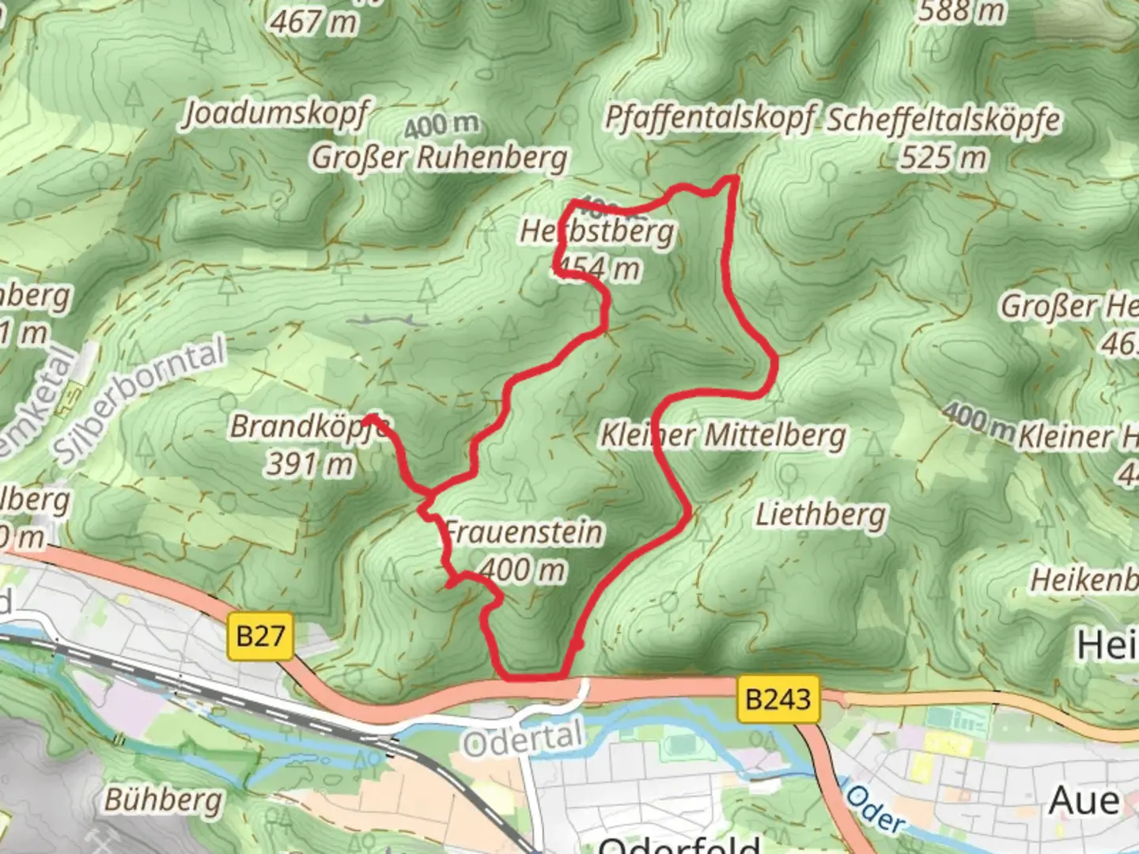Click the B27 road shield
point(260,636)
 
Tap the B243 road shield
point(778,699)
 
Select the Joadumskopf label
point(275,114)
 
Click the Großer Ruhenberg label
point(439,157)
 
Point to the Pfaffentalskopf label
point(709,118)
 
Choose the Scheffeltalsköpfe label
point(944,120)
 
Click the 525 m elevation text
point(944,157)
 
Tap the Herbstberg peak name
point(597,232)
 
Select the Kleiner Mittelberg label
point(723,435)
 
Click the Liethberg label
point(821,515)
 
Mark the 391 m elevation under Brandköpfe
point(309,463)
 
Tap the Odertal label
point(523,739)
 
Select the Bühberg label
point(164,799)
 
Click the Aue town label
point(1084,800)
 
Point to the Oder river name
point(875,807)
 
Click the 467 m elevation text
point(313,21)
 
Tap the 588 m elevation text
point(962,11)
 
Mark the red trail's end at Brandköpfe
point(369,417)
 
